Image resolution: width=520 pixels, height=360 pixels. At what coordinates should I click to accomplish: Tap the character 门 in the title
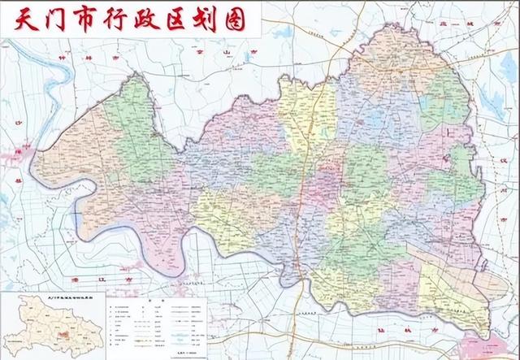[55, 21]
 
